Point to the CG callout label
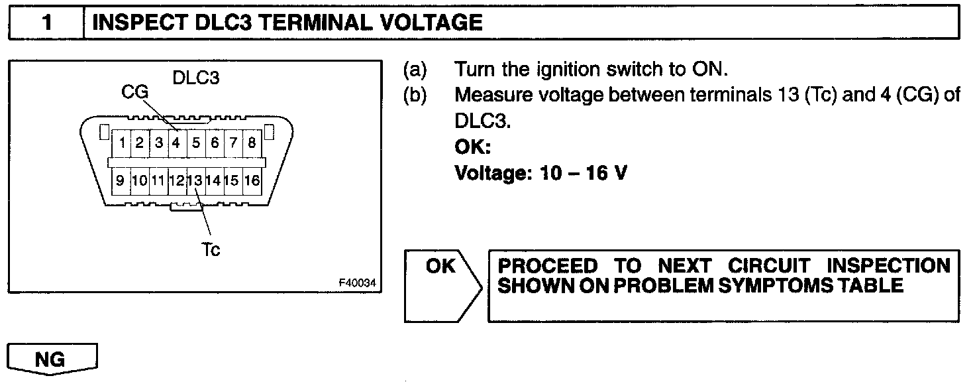click(x=134, y=93)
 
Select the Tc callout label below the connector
click(x=210, y=249)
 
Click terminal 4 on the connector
click(x=176, y=142)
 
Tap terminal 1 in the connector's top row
click(x=123, y=142)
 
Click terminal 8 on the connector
click(x=252, y=142)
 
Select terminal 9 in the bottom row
click(x=121, y=180)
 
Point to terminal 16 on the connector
click(x=252, y=180)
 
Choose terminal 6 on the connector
click(x=215, y=142)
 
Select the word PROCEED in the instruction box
click(x=547, y=267)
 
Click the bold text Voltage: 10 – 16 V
click(x=540, y=173)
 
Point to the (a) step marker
click(x=415, y=70)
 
